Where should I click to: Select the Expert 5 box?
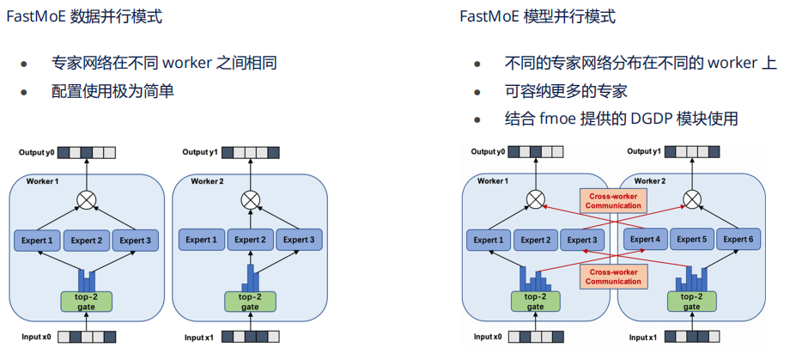692,239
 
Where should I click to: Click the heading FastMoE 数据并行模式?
84,16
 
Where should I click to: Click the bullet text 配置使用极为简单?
112,90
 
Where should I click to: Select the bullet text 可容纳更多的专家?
566,91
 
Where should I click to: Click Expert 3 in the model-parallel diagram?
582,241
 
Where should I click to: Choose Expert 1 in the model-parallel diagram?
488,241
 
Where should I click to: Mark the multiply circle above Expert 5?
692,200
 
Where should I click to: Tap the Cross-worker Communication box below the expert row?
613,276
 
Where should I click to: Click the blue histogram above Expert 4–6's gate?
692,278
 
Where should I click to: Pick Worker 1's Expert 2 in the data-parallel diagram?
87,241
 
